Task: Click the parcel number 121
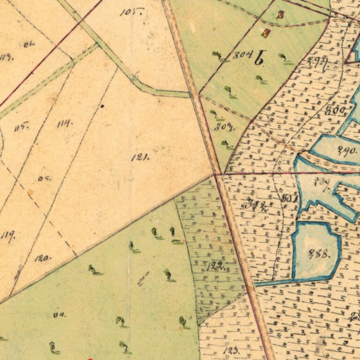pyautogui.click(x=140, y=157)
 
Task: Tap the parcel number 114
pyautogui.click(x=65, y=124)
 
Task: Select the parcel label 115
pyautogui.click(x=22, y=127)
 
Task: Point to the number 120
pyautogui.click(x=42, y=258)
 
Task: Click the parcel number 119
pyautogui.click(x=7, y=235)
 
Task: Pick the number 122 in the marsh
pyautogui.click(x=214, y=267)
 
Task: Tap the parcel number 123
pyautogui.click(x=232, y=350)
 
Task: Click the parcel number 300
pyautogui.click(x=338, y=111)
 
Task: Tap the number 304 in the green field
pyautogui.click(x=242, y=55)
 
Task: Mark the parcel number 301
pyautogui.click(x=289, y=199)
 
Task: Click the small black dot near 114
pyautogui.click(x=102, y=106)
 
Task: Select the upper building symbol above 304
pyautogui.click(x=281, y=15)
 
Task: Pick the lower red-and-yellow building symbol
pyautogui.click(x=266, y=33)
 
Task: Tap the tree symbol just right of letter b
pyautogui.click(x=285, y=58)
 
